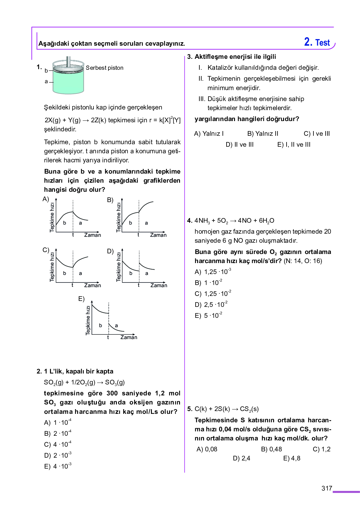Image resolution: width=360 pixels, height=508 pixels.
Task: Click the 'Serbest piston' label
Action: [x=104, y=68]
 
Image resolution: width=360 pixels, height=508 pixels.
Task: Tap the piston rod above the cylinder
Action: [x=68, y=60]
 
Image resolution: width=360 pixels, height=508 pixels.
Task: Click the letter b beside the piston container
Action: [x=46, y=71]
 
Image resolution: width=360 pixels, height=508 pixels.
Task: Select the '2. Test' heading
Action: [x=317, y=42]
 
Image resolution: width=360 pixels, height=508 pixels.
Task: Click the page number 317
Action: [x=327, y=488]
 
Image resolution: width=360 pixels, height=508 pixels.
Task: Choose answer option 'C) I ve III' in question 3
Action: [x=317, y=134]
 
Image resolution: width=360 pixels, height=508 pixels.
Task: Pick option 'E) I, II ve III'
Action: [x=294, y=145]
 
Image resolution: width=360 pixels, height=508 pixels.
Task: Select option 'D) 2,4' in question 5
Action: [x=241, y=458]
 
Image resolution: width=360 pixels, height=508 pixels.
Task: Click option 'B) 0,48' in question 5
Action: [x=271, y=449]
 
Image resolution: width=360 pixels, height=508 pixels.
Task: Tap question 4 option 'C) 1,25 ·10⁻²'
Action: [x=213, y=294]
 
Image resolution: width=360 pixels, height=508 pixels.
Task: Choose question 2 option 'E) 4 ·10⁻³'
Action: [x=58, y=466]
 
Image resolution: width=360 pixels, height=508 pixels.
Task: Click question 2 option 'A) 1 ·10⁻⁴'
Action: [x=58, y=423]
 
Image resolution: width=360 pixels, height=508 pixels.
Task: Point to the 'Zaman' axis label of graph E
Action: [x=129, y=337]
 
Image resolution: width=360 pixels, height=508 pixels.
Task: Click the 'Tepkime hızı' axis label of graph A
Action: [x=52, y=217]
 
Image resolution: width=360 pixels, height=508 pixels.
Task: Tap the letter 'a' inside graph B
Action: [x=146, y=223]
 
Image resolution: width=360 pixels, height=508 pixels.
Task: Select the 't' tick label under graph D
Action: [x=139, y=285]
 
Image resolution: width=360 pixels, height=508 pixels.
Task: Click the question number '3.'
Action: [x=190, y=57]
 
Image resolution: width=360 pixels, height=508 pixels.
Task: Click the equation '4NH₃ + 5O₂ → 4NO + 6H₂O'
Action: [x=234, y=221]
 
